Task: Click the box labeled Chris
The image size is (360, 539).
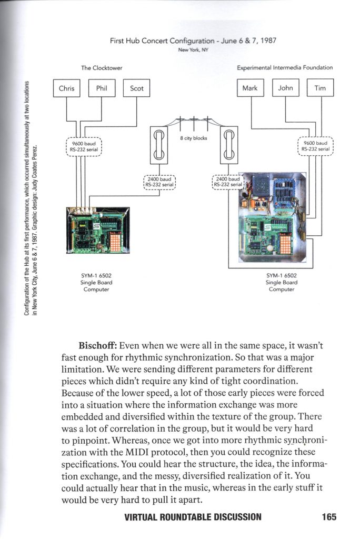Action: click(67, 88)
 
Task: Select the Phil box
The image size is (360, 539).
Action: click(102, 88)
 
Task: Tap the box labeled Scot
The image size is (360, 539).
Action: click(137, 88)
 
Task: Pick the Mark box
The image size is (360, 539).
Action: click(250, 88)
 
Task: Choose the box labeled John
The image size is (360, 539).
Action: click(285, 88)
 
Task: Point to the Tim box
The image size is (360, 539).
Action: click(320, 88)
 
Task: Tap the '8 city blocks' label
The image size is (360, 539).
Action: click(193, 138)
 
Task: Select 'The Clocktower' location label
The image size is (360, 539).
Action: click(102, 68)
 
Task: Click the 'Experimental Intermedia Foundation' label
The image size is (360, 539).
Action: click(285, 68)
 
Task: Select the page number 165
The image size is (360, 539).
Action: click(328, 516)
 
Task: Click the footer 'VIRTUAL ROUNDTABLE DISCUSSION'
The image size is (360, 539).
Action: click(193, 516)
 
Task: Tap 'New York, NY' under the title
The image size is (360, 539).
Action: click(193, 51)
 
